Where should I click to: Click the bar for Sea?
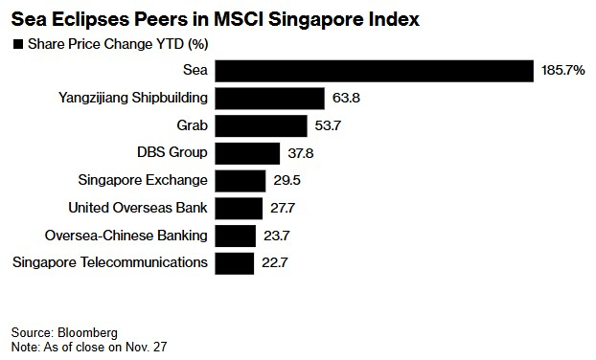(374, 72)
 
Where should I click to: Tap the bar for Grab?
(261, 126)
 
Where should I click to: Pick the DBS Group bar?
(247, 153)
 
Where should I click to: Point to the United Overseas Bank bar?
(239, 208)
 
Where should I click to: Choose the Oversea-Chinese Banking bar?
(236, 236)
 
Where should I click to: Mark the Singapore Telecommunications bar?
(235, 262)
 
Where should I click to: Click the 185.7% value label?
(562, 72)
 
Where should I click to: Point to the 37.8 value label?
(300, 153)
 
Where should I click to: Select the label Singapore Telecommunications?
(110, 262)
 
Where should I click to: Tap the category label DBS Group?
(173, 153)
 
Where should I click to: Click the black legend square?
(16, 44)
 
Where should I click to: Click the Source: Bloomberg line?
(59, 330)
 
